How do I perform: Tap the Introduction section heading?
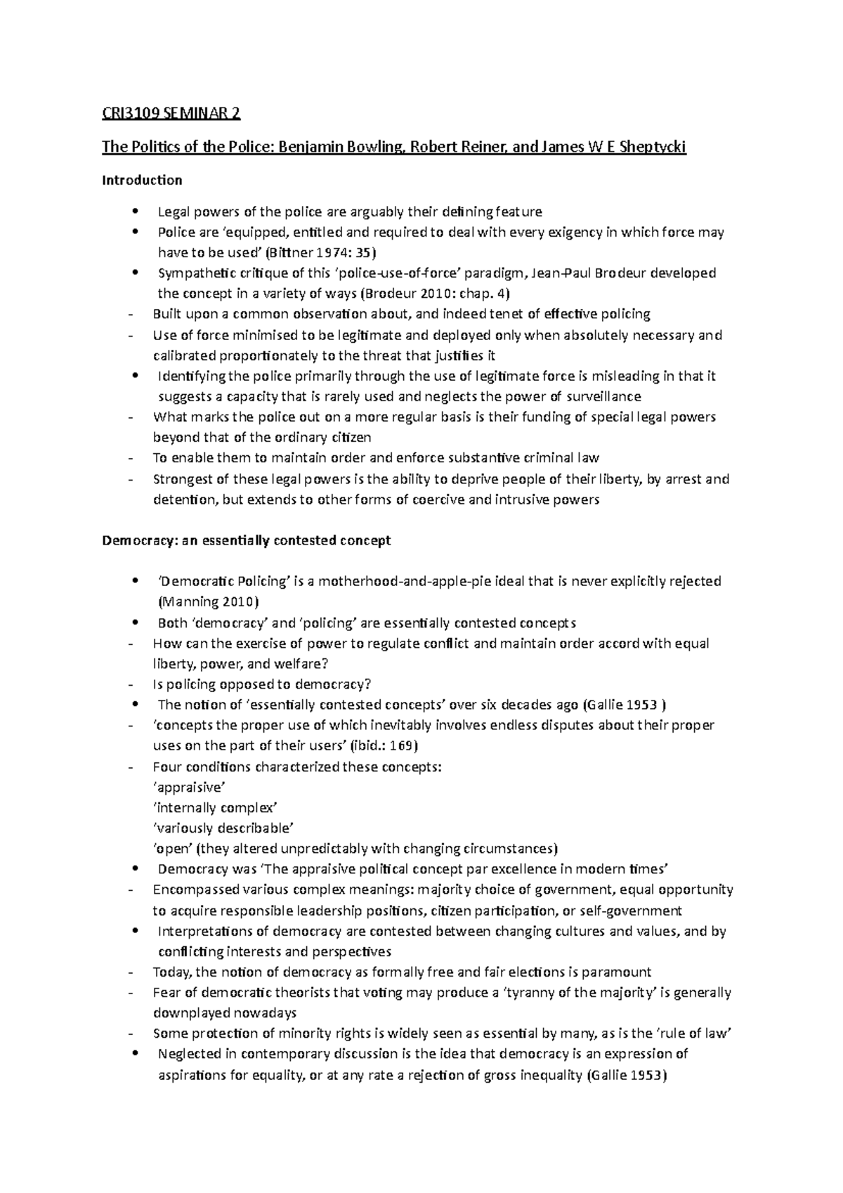click(x=142, y=181)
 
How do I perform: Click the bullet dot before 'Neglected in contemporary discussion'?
click(x=134, y=1054)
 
